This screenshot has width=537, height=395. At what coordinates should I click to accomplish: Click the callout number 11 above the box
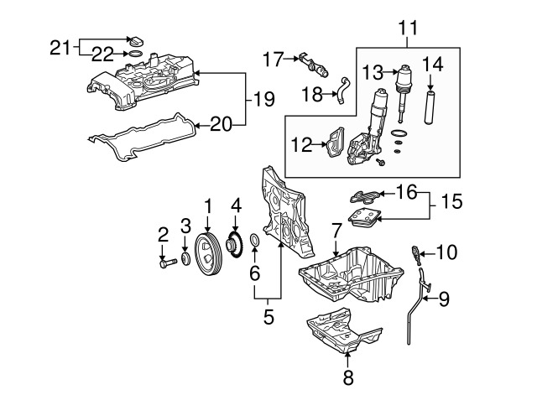click(409, 28)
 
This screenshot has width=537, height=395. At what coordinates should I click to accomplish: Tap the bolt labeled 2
click(168, 263)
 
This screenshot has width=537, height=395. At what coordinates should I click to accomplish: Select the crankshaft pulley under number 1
click(208, 254)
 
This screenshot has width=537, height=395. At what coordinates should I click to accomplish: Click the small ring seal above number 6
click(254, 240)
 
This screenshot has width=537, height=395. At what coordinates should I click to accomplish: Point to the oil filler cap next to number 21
click(136, 41)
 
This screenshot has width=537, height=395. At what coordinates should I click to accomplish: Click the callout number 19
click(264, 99)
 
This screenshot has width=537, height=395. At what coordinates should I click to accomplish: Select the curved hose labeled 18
click(102, 90)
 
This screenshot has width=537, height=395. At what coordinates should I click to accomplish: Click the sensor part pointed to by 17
click(313, 65)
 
